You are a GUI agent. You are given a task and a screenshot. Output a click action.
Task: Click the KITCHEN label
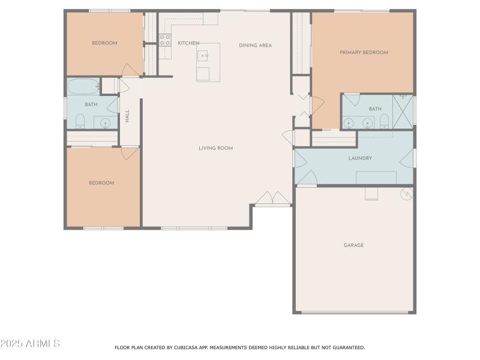coord(188,43)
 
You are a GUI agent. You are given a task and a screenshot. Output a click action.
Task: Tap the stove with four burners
coord(165,40)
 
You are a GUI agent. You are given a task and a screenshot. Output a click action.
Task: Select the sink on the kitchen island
coord(204,56)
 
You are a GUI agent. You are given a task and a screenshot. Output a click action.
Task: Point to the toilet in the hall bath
coord(80,122)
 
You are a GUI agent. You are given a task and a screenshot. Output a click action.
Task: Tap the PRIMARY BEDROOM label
coord(364,53)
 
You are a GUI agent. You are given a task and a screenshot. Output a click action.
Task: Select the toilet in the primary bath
coord(385,122)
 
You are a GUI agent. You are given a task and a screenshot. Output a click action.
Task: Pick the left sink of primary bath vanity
coord(349,122)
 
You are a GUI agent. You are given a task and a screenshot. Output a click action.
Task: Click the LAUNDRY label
coord(361,158)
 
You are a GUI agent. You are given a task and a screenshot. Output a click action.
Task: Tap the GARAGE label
coord(353,245)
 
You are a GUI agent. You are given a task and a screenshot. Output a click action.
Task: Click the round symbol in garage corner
coord(407,193)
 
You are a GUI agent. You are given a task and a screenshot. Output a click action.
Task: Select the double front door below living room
coord(272,199)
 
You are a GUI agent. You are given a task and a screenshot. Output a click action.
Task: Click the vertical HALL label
coord(127,116)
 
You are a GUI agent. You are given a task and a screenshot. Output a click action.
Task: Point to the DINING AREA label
coord(255,46)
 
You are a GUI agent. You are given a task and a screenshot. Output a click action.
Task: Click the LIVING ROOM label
coord(216,148)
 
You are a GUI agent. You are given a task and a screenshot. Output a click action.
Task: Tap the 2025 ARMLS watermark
coord(30,344)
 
